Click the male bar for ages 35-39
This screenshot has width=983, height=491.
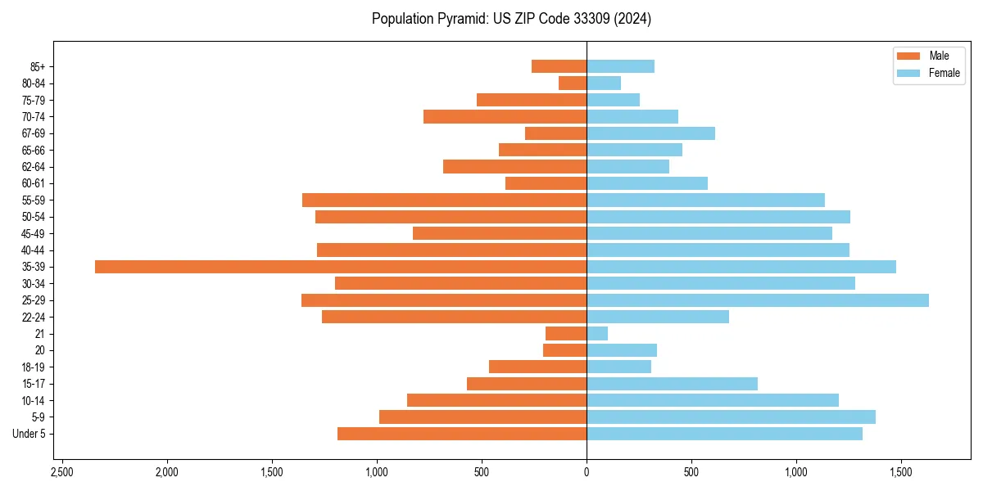click(341, 267)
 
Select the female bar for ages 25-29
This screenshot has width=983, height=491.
click(758, 300)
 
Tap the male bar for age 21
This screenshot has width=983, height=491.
click(566, 334)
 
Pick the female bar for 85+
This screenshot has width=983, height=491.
click(620, 66)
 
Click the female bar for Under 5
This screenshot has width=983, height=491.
click(724, 434)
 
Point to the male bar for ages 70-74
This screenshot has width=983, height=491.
click(505, 116)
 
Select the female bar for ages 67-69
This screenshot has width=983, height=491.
click(650, 133)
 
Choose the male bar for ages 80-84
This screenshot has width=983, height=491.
click(573, 83)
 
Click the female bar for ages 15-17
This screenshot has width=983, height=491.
click(672, 384)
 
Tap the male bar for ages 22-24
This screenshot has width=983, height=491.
click(454, 317)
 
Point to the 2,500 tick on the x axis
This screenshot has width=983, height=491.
click(62, 473)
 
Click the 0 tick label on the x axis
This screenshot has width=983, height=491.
click(587, 473)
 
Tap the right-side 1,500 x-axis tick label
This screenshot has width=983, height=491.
click(901, 473)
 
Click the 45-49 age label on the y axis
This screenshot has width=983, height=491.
click(33, 233)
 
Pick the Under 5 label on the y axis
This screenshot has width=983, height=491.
click(29, 434)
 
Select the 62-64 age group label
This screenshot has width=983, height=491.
click(33, 167)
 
